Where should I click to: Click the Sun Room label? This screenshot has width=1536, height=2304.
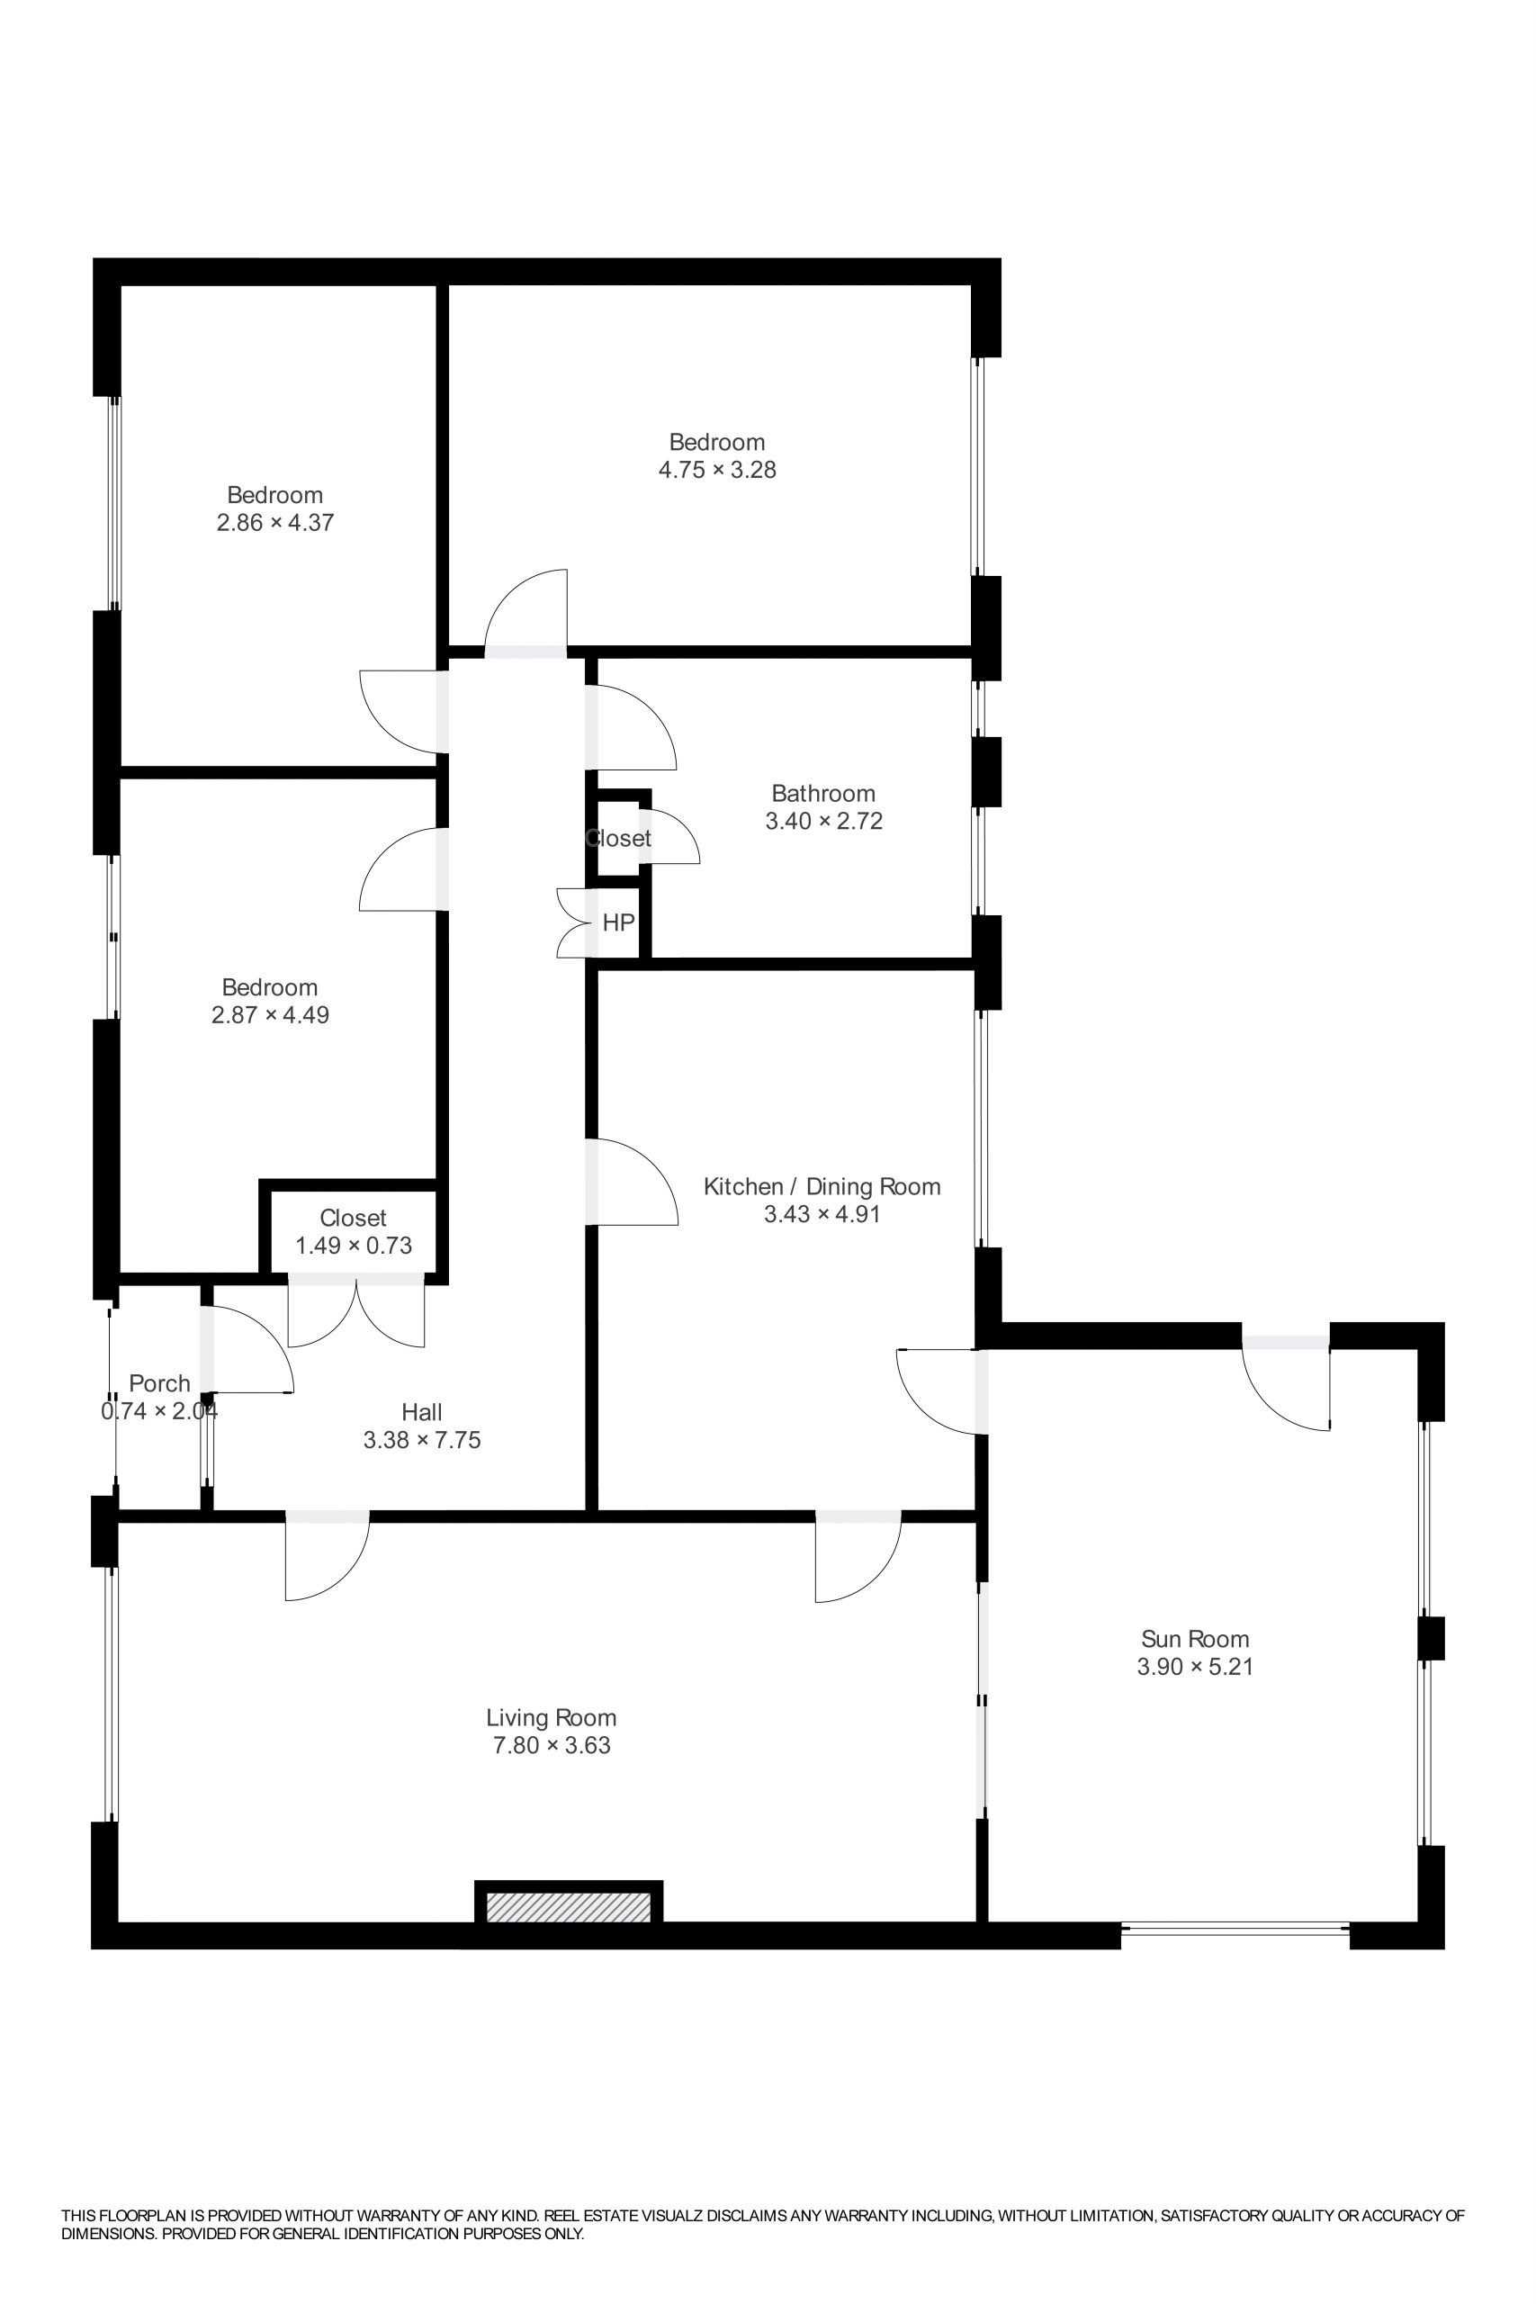tap(1194, 1638)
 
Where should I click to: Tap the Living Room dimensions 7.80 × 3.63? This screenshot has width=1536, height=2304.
tap(552, 1745)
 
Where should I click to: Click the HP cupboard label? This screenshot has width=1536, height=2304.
tap(618, 922)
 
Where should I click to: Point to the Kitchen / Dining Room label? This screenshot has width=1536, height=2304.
tap(822, 1186)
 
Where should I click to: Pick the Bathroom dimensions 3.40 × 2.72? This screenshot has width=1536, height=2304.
tap(824, 821)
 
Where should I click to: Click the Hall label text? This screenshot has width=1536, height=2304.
tap(422, 1411)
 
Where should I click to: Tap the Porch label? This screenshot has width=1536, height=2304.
tap(159, 1383)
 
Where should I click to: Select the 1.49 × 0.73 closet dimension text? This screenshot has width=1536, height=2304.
tap(354, 1245)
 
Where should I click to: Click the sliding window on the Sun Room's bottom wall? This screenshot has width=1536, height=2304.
tap(1235, 1928)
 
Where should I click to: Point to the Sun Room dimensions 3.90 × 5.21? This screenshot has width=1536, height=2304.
tap(1195, 1666)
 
